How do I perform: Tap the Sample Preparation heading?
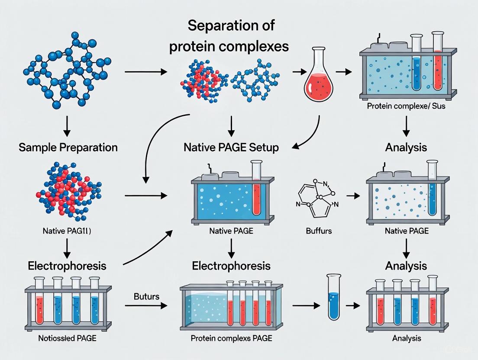[x=68, y=148]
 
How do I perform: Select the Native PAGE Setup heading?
[x=231, y=148]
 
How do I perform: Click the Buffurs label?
[x=318, y=231]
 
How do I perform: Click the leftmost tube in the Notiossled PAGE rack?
[x=39, y=302]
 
